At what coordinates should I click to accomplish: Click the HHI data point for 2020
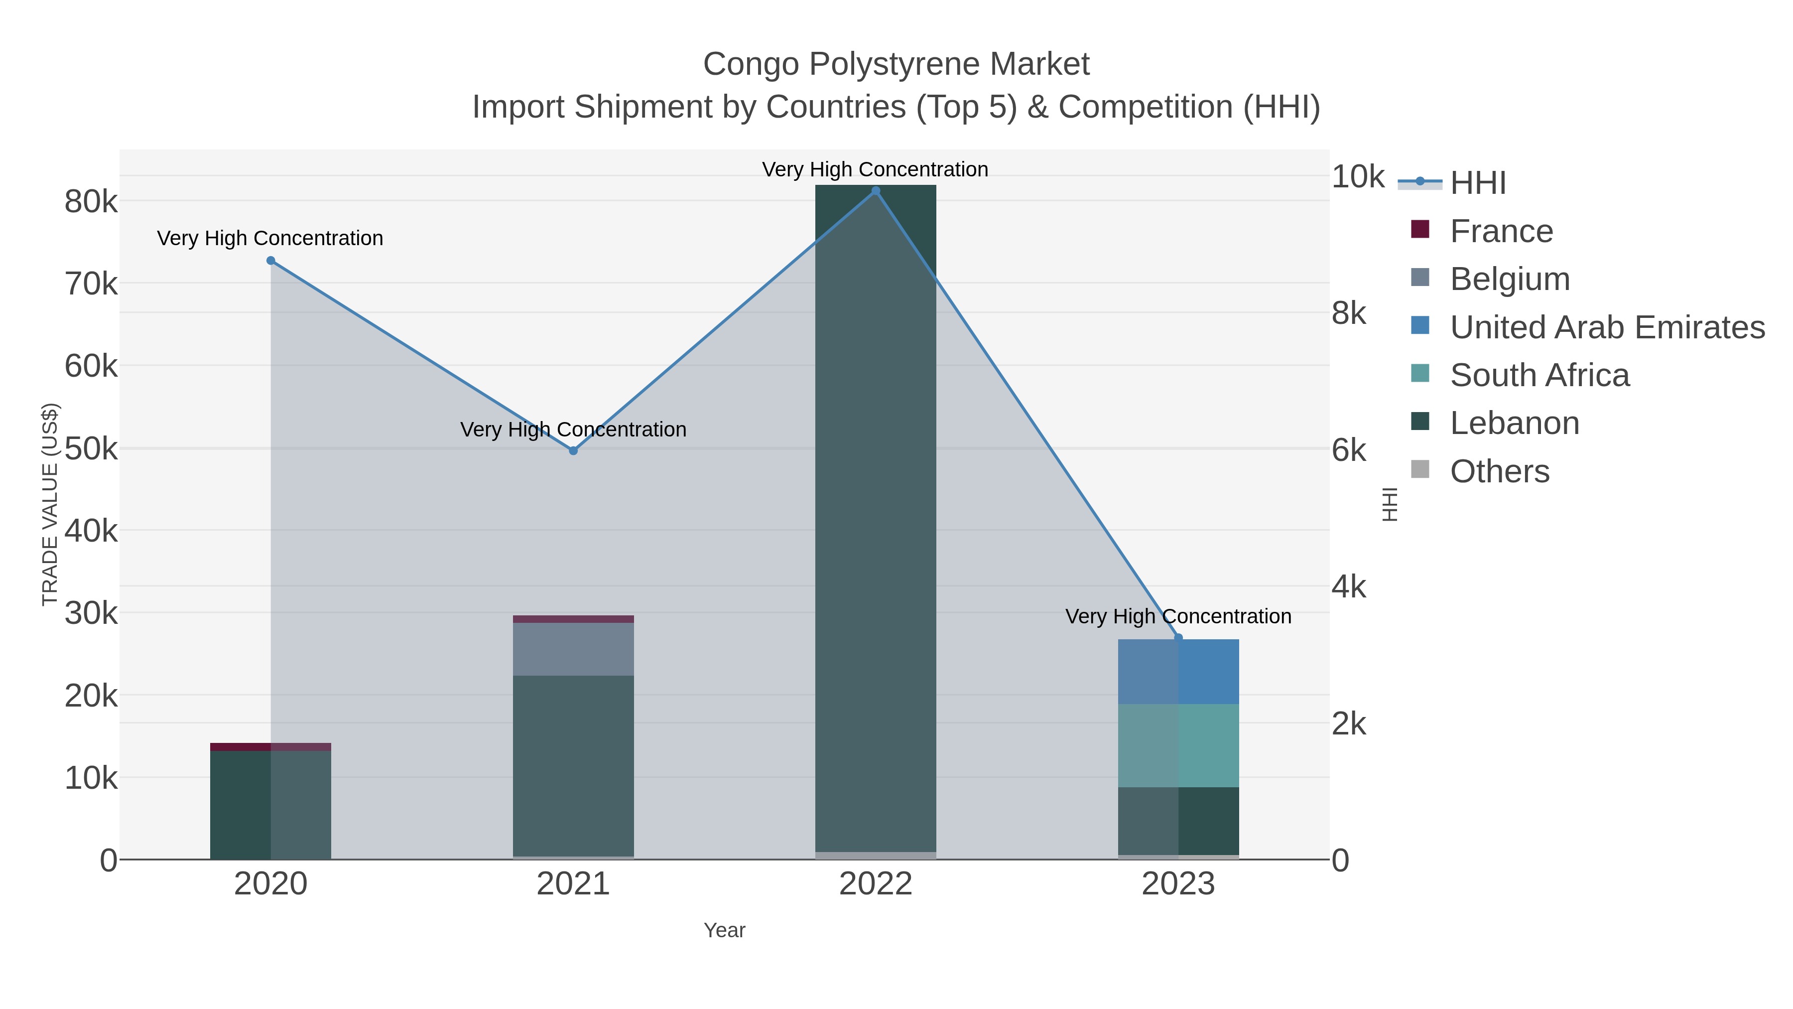tap(271, 261)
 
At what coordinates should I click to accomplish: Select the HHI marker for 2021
tap(573, 450)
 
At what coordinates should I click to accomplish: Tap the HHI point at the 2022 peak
tap(876, 191)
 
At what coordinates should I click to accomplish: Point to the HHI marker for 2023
tap(1178, 637)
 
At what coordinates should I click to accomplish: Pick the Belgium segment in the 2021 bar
tap(573, 649)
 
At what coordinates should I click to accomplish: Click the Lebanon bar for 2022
tap(876, 515)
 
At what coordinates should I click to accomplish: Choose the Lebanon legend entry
tap(1514, 424)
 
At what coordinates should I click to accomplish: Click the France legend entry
tap(1501, 231)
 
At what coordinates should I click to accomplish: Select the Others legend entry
tap(1499, 471)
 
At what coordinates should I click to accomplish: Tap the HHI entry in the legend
tap(1477, 183)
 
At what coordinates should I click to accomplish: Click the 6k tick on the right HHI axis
tap(1349, 450)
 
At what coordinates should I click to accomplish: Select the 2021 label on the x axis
tap(573, 883)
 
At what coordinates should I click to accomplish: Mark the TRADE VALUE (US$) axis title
tap(50, 504)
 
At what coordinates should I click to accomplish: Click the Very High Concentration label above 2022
tap(875, 169)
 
